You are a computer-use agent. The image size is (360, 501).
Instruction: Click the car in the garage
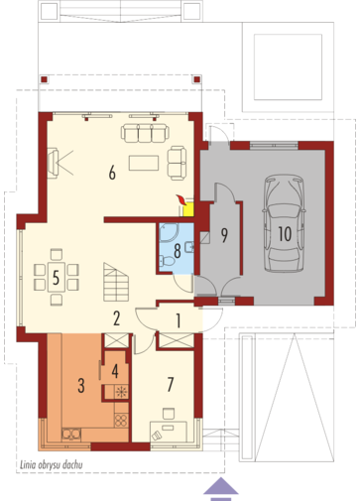pos(284,223)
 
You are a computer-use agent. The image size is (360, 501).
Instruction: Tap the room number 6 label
pos(112,173)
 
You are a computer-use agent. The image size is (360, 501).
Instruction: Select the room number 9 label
pos(224,235)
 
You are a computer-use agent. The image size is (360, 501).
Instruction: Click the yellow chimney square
pos(188,210)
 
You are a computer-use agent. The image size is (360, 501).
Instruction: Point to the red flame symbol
pos(180,199)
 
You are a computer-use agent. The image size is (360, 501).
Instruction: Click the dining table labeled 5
pos(57,277)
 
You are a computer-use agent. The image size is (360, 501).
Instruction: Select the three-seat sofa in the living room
pos(145,133)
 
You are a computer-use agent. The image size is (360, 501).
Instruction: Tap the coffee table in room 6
pos(144,163)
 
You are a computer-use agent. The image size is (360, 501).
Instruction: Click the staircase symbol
pos(116,282)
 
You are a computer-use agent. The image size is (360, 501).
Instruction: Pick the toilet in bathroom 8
pos(167,261)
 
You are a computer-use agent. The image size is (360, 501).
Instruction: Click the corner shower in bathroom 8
pos(169,234)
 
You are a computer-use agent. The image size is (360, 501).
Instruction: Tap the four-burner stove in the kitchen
pos(121,420)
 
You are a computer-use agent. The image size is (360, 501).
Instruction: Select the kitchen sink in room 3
pos(71,435)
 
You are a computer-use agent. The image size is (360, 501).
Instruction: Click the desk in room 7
pos(169,432)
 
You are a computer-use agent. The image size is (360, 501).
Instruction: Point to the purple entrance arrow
pos(221,488)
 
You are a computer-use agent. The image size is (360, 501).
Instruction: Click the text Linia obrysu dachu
pos(52,465)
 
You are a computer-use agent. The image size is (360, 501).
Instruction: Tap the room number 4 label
pos(115,371)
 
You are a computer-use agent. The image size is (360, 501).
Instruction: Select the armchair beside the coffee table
pos(177,163)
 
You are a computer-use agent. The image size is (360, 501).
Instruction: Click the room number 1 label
pos(179,320)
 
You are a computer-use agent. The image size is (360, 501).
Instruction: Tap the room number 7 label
pos(171,384)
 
